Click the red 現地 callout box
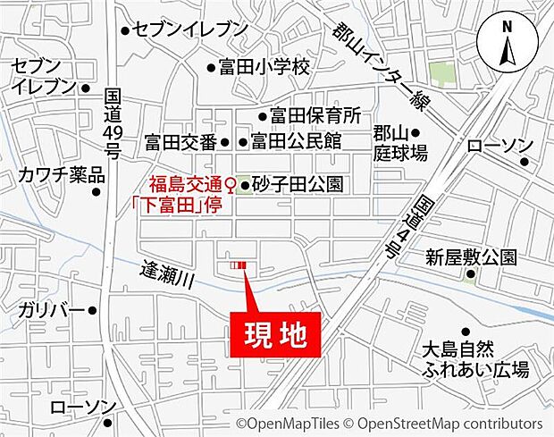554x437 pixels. tap(275, 335)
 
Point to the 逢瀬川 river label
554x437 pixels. tap(168, 274)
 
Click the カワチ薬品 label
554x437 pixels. tap(61, 175)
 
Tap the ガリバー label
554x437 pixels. tap(50, 310)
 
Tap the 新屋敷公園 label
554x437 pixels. tap(470, 257)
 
